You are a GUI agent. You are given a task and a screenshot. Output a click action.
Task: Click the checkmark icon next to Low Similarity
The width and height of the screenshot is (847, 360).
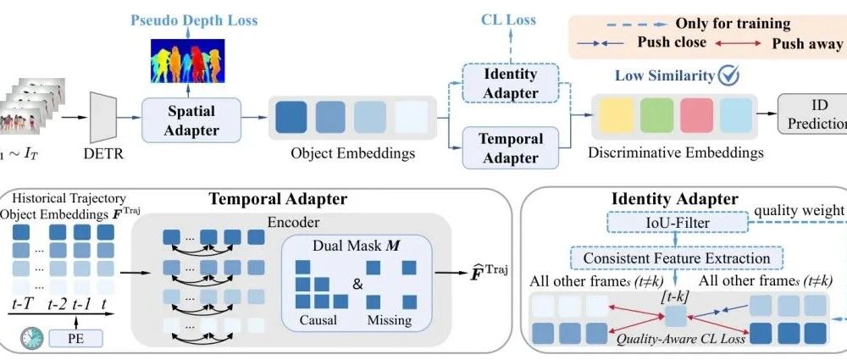tap(728, 75)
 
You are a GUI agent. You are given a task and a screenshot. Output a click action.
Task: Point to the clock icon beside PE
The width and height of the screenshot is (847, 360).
tap(32, 337)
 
